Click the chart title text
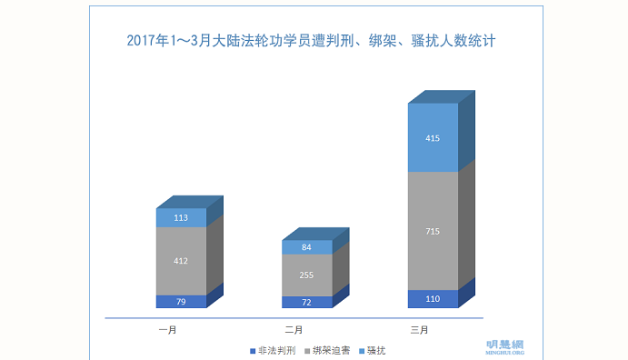tap(311, 41)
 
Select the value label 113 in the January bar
tap(181, 218)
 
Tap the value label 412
tap(181, 261)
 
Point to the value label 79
tap(181, 302)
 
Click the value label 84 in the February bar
tap(306, 247)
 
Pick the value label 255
tap(306, 275)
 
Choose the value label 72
tap(306, 303)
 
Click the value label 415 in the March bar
tap(433, 138)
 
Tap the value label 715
tap(433, 231)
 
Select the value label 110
tap(433, 299)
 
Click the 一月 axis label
tap(168, 330)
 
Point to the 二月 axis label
tap(294, 330)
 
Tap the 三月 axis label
tap(419, 330)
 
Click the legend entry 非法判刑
tap(273, 351)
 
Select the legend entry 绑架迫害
tap(327, 351)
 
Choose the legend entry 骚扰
tap(373, 351)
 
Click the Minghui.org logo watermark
tap(505, 347)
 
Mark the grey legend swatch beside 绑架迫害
tap(307, 351)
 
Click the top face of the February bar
tap(315, 234)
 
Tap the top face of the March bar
tap(442, 97)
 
